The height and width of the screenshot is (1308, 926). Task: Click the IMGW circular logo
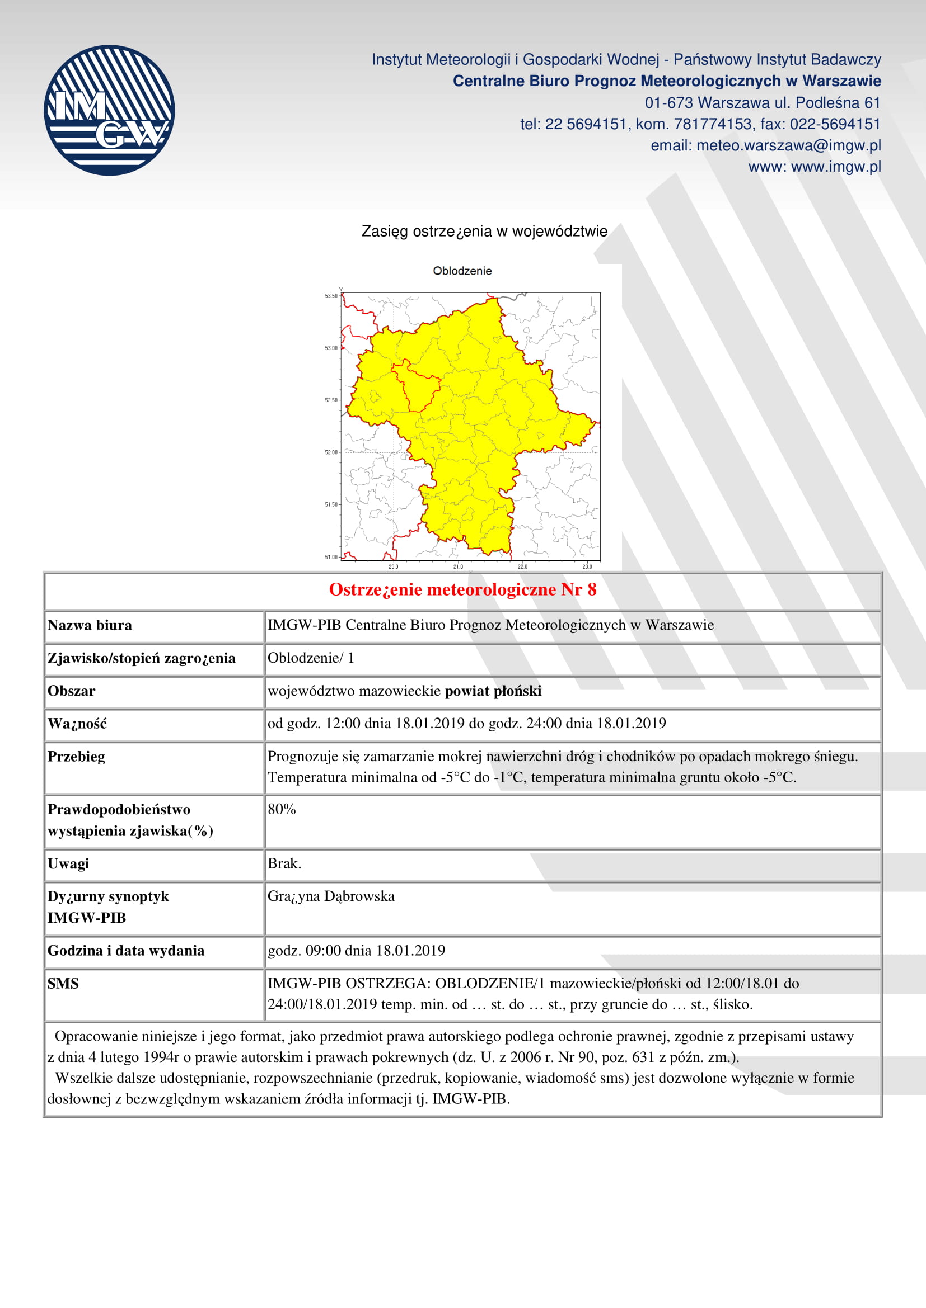click(x=109, y=110)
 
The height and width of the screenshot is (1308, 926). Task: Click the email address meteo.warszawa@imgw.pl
click(x=789, y=146)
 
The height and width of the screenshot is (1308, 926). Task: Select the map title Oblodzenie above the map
click(x=462, y=271)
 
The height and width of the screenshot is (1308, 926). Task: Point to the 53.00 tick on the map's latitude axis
click(x=331, y=348)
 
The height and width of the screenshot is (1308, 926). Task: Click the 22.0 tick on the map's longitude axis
click(x=522, y=566)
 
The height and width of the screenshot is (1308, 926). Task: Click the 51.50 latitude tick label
click(x=331, y=505)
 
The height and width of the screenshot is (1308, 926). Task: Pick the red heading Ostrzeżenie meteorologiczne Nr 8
click(x=462, y=589)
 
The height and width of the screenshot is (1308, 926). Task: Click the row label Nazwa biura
click(x=90, y=626)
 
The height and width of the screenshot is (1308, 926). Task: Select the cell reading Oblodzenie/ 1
click(x=311, y=658)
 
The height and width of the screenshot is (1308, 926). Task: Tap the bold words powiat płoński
click(x=493, y=691)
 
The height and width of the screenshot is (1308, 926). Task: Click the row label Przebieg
click(x=76, y=757)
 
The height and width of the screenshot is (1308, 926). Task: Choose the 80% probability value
click(x=282, y=809)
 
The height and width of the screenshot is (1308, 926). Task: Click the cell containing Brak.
click(x=284, y=863)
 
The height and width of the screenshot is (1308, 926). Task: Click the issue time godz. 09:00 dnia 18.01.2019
click(x=357, y=950)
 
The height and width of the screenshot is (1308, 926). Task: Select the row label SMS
click(x=63, y=983)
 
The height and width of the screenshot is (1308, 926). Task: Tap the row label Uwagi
click(x=68, y=863)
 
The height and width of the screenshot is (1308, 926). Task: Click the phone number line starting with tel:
click(x=700, y=124)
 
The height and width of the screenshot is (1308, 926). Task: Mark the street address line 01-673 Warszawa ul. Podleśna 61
click(x=763, y=103)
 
